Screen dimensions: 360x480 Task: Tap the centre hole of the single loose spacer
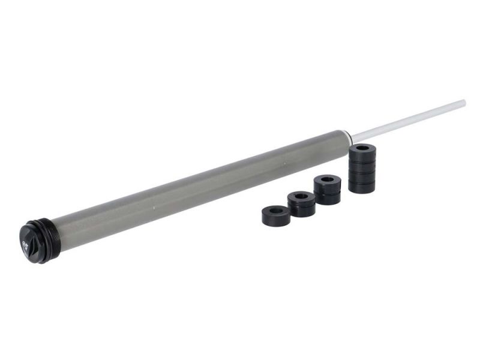click(x=276, y=210)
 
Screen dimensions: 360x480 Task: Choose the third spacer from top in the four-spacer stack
click(x=362, y=175)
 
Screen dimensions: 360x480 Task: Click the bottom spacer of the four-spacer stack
click(x=362, y=185)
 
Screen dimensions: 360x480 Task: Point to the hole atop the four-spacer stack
click(x=362, y=147)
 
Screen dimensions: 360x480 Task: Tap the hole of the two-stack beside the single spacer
click(x=301, y=195)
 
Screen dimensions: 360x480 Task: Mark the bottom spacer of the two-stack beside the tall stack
click(x=328, y=196)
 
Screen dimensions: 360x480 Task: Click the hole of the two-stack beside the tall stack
click(x=328, y=178)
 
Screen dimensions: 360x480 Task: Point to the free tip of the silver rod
click(x=463, y=103)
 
